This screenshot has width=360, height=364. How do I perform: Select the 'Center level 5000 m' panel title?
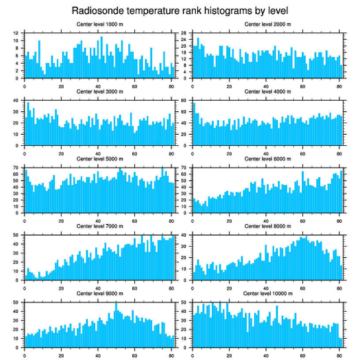(x=99, y=159)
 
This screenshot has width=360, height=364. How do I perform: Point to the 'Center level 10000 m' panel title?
(x=267, y=293)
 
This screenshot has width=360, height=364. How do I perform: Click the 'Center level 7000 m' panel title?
(x=99, y=226)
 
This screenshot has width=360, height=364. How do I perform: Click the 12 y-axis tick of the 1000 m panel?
(x=16, y=33)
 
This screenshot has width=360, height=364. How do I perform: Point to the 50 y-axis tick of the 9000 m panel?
(x=16, y=303)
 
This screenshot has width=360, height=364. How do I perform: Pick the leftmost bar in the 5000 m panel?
(x=26, y=191)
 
